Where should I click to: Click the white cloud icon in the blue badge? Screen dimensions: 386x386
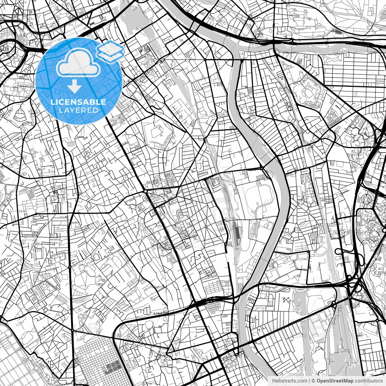pos(79,62)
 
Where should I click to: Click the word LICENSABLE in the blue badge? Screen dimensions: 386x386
pos(78,102)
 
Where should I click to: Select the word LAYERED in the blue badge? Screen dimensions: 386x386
pos(78,110)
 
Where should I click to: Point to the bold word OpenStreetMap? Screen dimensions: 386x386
pos(335,381)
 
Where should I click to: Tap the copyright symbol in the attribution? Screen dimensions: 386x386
pos(313,381)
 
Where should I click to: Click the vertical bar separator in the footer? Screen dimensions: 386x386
pos(310,381)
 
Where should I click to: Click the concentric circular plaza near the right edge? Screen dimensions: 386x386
pos(367,199)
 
